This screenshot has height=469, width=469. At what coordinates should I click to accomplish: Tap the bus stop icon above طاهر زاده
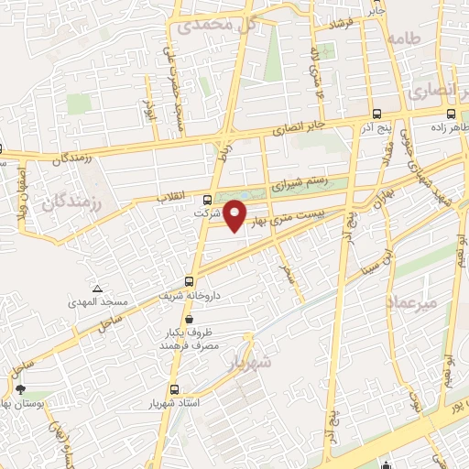450,115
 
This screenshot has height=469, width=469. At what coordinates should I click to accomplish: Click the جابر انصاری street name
302,125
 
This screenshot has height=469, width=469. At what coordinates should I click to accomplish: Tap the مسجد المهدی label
95,301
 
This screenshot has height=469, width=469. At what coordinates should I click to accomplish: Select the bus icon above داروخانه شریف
190,281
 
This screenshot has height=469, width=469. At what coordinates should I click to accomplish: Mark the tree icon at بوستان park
19,390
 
